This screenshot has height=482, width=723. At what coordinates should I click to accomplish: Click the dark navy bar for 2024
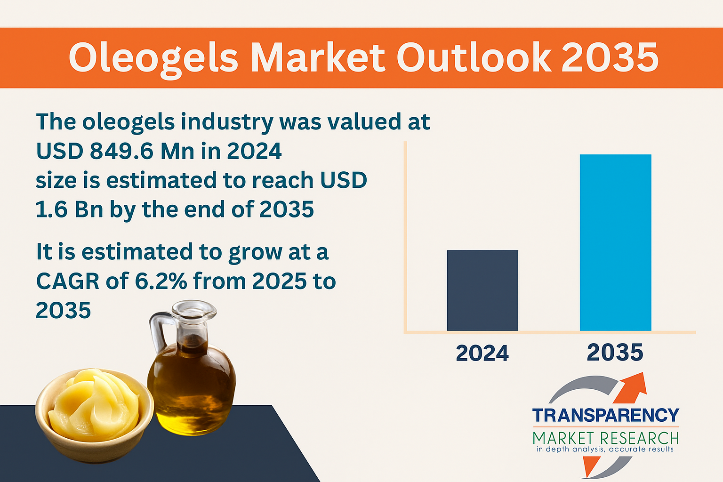pos(482,290)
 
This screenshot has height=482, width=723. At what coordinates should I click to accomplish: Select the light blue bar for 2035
pos(616,242)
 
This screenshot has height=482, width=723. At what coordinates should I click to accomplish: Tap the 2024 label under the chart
pos(482,353)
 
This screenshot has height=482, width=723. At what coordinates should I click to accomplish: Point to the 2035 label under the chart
pos(615,352)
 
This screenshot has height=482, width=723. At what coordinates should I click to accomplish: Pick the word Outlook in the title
pos(474,57)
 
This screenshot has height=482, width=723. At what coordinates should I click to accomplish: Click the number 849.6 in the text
pos(121,151)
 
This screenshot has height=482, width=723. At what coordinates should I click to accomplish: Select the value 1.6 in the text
pos(51,209)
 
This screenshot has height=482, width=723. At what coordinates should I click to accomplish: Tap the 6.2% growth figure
pos(161,281)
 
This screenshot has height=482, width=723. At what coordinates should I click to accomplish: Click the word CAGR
pos(67,281)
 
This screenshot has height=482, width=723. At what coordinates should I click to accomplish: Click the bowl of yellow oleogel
pos(94,415)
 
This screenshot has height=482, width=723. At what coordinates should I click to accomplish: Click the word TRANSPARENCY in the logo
pos(606,415)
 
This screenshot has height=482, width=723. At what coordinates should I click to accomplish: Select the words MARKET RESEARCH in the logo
pos(606,438)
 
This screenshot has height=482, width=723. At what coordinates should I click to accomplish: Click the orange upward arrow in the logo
pos(629,388)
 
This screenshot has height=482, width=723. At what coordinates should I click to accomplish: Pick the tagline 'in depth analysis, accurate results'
pos(605,450)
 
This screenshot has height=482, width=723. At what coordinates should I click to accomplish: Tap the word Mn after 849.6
pos(177,151)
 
